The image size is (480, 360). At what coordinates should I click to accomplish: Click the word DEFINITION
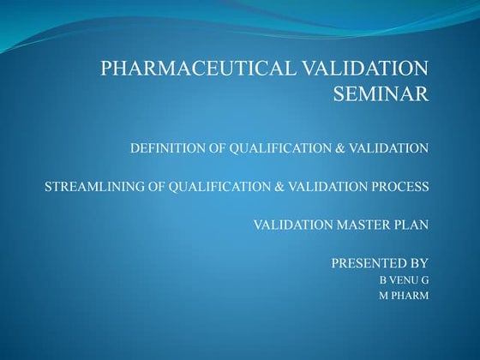pyautogui.click(x=166, y=148)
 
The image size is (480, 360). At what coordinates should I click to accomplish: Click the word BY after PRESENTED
pyautogui.click(x=419, y=262)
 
